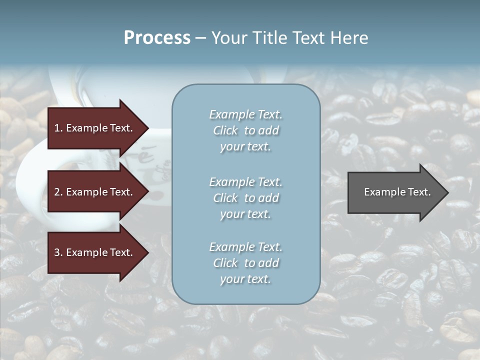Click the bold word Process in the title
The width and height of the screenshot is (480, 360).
pos(157,38)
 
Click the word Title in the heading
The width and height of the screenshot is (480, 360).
pos(270,38)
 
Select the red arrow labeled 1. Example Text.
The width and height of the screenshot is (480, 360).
pos(95,128)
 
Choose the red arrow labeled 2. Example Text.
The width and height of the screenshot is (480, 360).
pos(95,192)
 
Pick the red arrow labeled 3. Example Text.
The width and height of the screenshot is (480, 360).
pos(95,252)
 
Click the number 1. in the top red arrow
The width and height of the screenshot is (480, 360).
pos(58,128)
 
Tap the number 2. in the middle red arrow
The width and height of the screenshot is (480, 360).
pos(58,192)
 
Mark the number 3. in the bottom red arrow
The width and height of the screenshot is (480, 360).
pos(58,252)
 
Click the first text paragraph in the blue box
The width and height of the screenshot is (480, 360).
pos(245,130)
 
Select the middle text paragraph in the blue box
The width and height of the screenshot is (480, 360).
pos(245,197)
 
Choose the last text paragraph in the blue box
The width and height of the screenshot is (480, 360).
pos(245,263)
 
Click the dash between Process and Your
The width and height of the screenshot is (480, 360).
pos(200,38)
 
